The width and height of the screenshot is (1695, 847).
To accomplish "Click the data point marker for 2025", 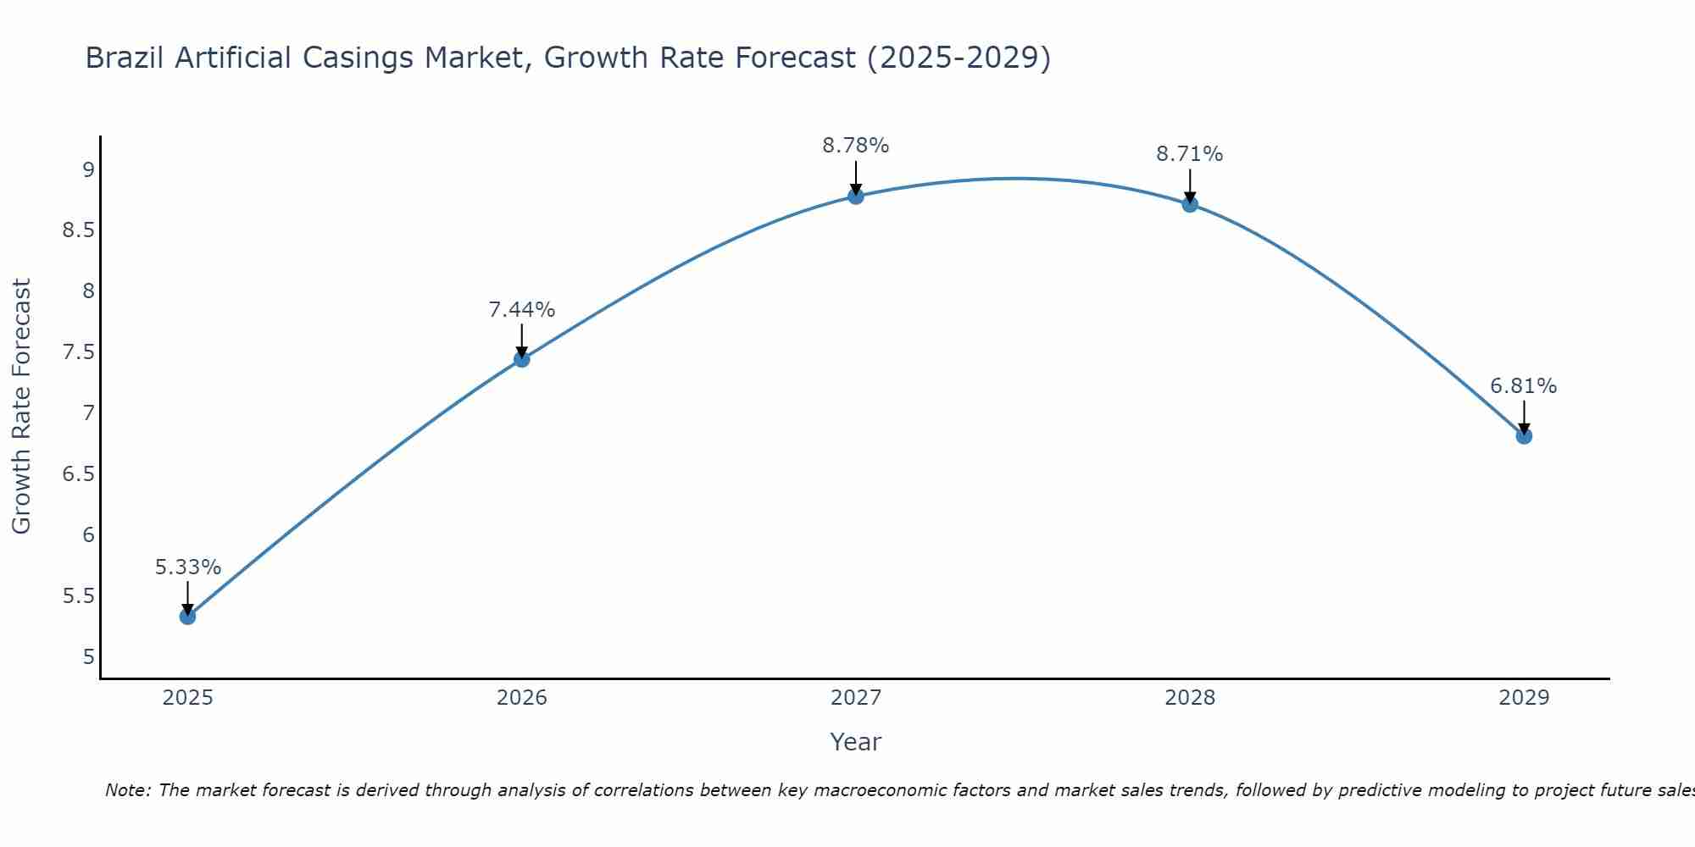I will click(x=187, y=616).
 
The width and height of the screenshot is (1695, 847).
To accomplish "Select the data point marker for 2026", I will click(x=521, y=359).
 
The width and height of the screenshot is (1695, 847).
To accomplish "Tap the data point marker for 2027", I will click(x=855, y=197).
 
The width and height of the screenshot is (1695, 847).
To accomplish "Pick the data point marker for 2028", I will click(x=1189, y=204).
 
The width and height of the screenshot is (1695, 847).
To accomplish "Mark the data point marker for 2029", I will click(x=1523, y=436).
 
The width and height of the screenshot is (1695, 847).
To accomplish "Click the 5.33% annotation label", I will click(x=187, y=567).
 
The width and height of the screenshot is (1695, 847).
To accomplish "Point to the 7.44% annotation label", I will click(x=521, y=310).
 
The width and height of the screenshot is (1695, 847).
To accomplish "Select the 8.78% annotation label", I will click(x=855, y=146).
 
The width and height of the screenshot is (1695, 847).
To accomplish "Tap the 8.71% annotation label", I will click(x=1189, y=154).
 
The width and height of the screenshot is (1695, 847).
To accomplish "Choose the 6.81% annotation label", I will click(x=1523, y=386).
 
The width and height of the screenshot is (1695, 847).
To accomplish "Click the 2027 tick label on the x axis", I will click(x=855, y=698).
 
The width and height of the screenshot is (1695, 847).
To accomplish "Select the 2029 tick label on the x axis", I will click(x=1523, y=698).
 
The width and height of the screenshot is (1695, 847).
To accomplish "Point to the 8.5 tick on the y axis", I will click(x=79, y=231).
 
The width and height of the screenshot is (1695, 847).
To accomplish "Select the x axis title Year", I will click(x=855, y=742).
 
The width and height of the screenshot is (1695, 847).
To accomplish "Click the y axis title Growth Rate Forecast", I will click(x=22, y=407).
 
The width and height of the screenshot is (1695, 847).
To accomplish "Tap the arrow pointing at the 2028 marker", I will click(x=1189, y=185).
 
